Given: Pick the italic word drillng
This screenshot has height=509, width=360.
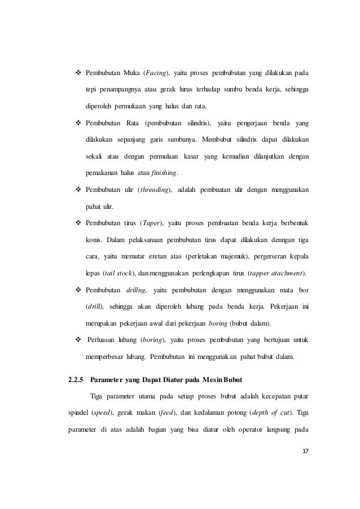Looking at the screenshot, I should [135, 290].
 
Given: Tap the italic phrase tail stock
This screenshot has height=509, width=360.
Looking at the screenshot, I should [117, 274].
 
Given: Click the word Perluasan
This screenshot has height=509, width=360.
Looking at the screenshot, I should [103, 340].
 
